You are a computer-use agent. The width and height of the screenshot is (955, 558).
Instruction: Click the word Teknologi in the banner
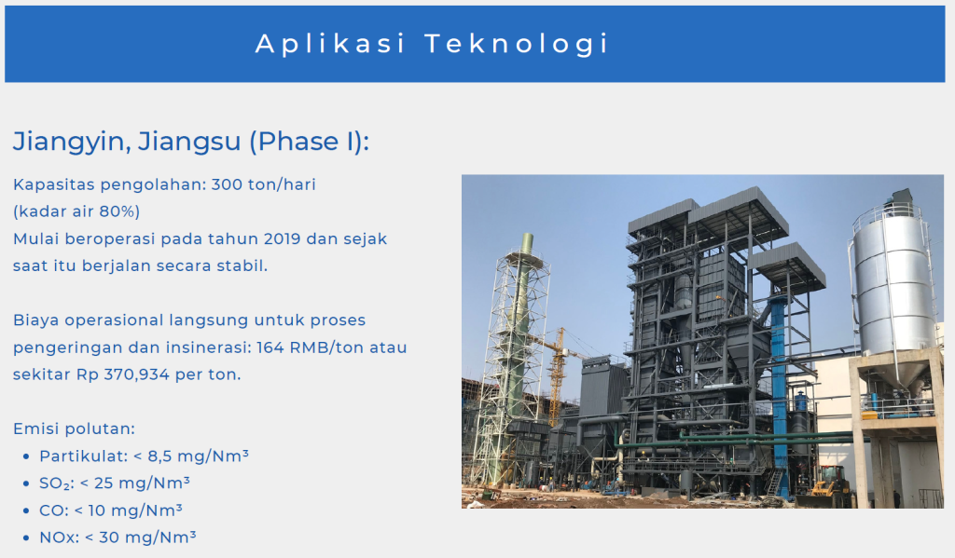pos(517,45)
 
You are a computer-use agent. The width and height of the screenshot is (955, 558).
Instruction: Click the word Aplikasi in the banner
pos(330,44)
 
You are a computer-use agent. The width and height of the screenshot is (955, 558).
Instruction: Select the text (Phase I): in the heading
pos(309,142)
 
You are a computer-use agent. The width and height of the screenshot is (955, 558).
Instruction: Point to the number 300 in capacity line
pos(227,184)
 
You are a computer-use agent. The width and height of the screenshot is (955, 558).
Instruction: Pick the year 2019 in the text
pos(282,238)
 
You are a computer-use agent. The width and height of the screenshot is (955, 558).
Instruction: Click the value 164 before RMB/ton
pos(270,347)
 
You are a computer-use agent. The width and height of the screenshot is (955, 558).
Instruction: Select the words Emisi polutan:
pos(75,429)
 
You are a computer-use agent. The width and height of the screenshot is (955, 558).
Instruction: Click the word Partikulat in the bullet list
pos(83,456)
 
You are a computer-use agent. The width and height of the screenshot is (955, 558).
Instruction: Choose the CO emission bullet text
pos(111,510)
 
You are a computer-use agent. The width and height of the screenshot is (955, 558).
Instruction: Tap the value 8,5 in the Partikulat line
pos(159,456)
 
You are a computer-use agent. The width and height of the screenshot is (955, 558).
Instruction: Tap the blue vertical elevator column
pos(779,389)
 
